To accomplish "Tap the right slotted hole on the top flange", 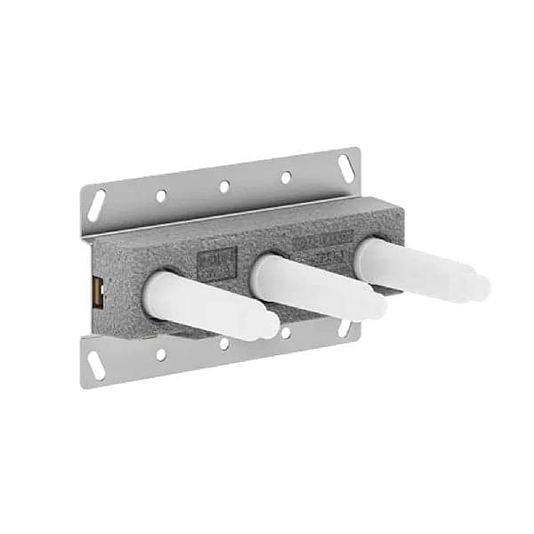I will (343, 166).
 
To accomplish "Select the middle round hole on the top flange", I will (224, 186).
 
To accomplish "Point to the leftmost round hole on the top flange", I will (161, 196).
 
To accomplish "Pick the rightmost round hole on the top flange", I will (286, 177).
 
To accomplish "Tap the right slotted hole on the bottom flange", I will (344, 328).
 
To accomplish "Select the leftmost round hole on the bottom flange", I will (161, 354).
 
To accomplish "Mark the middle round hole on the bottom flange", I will (224, 344).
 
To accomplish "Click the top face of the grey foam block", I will (249, 227).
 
